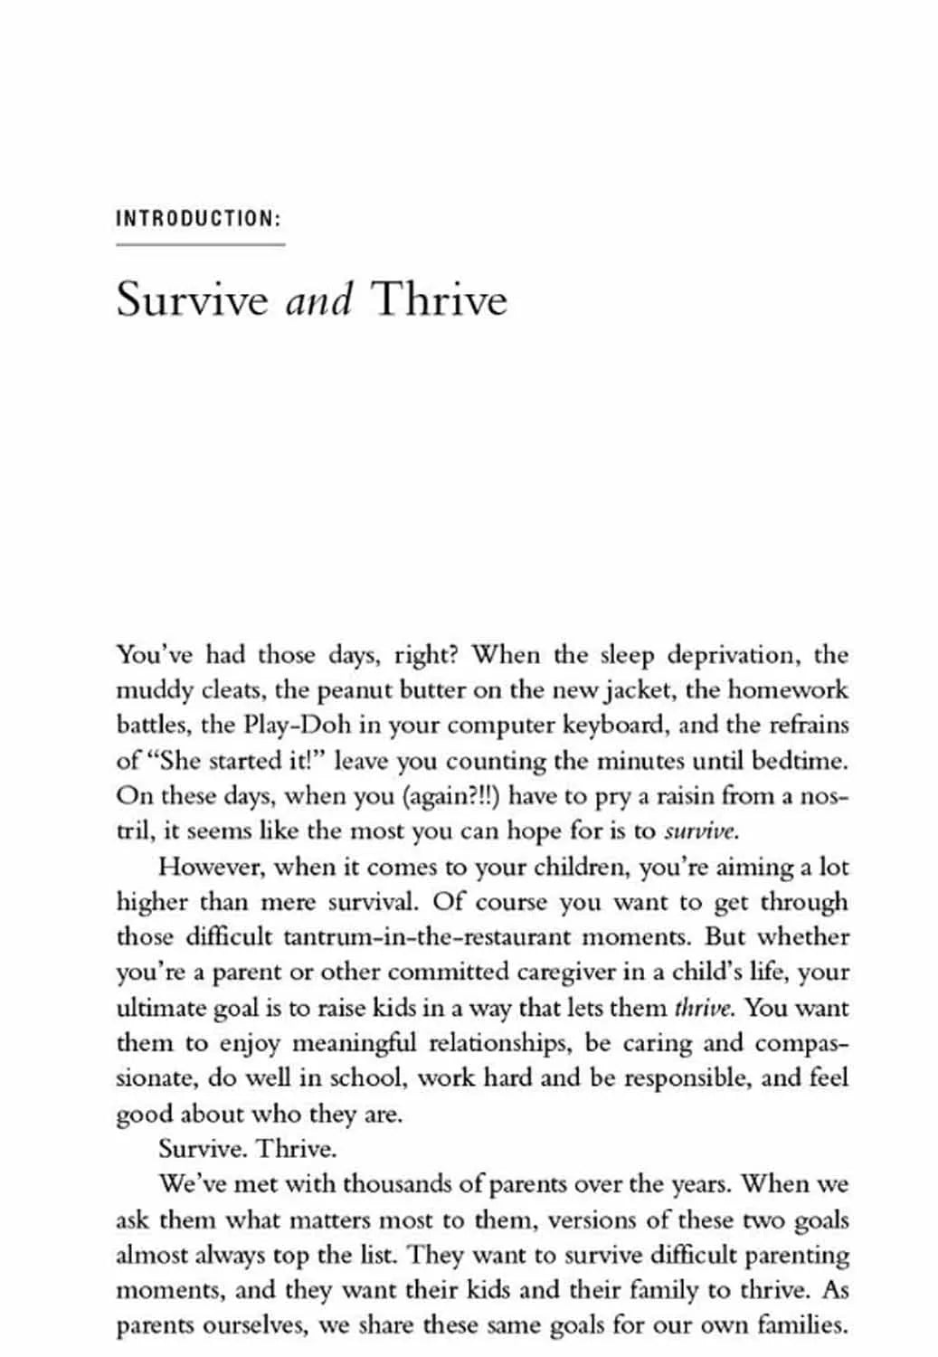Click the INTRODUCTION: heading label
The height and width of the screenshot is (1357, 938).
[199, 219]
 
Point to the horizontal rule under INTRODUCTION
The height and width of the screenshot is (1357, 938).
[200, 244]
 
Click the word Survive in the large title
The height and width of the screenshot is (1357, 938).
[193, 299]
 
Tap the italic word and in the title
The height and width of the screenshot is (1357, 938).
[318, 299]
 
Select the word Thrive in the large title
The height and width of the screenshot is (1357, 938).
[440, 299]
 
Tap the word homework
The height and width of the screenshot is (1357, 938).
[788, 690]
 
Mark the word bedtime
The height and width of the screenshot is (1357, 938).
[799, 761]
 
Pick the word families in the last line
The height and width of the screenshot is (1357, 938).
[801, 1325]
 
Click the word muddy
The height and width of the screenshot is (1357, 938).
[147, 690]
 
